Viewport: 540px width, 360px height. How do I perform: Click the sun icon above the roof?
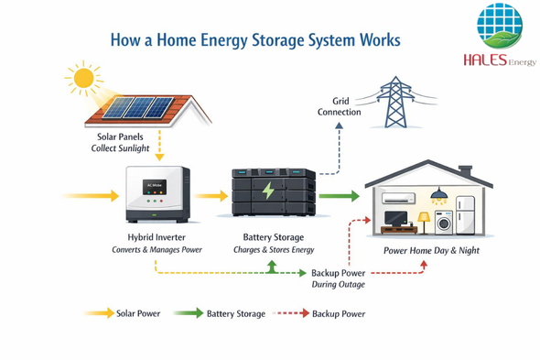83,78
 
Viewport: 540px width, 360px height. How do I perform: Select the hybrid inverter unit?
157,194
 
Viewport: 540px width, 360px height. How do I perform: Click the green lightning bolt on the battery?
268,191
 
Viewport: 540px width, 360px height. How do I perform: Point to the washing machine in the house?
444,223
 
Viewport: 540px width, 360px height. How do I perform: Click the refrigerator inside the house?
466,215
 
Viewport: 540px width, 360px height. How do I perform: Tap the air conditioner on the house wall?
398,198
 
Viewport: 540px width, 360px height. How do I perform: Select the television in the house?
395,219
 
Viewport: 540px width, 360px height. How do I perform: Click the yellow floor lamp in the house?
424,224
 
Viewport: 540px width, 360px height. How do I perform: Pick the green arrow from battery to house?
340,196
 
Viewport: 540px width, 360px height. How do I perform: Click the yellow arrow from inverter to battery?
211,196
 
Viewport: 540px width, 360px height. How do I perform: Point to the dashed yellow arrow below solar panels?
159,145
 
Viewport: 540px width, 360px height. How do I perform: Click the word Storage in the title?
278,40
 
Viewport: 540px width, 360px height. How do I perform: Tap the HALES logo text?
485,60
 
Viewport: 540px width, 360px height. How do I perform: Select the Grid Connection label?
340,106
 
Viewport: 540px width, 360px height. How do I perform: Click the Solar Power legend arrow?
99,313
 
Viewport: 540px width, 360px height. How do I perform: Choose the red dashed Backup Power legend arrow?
291,313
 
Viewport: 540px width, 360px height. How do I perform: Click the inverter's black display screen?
155,187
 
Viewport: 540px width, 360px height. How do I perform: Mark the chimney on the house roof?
465,171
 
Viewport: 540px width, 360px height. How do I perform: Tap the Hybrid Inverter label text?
157,237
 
